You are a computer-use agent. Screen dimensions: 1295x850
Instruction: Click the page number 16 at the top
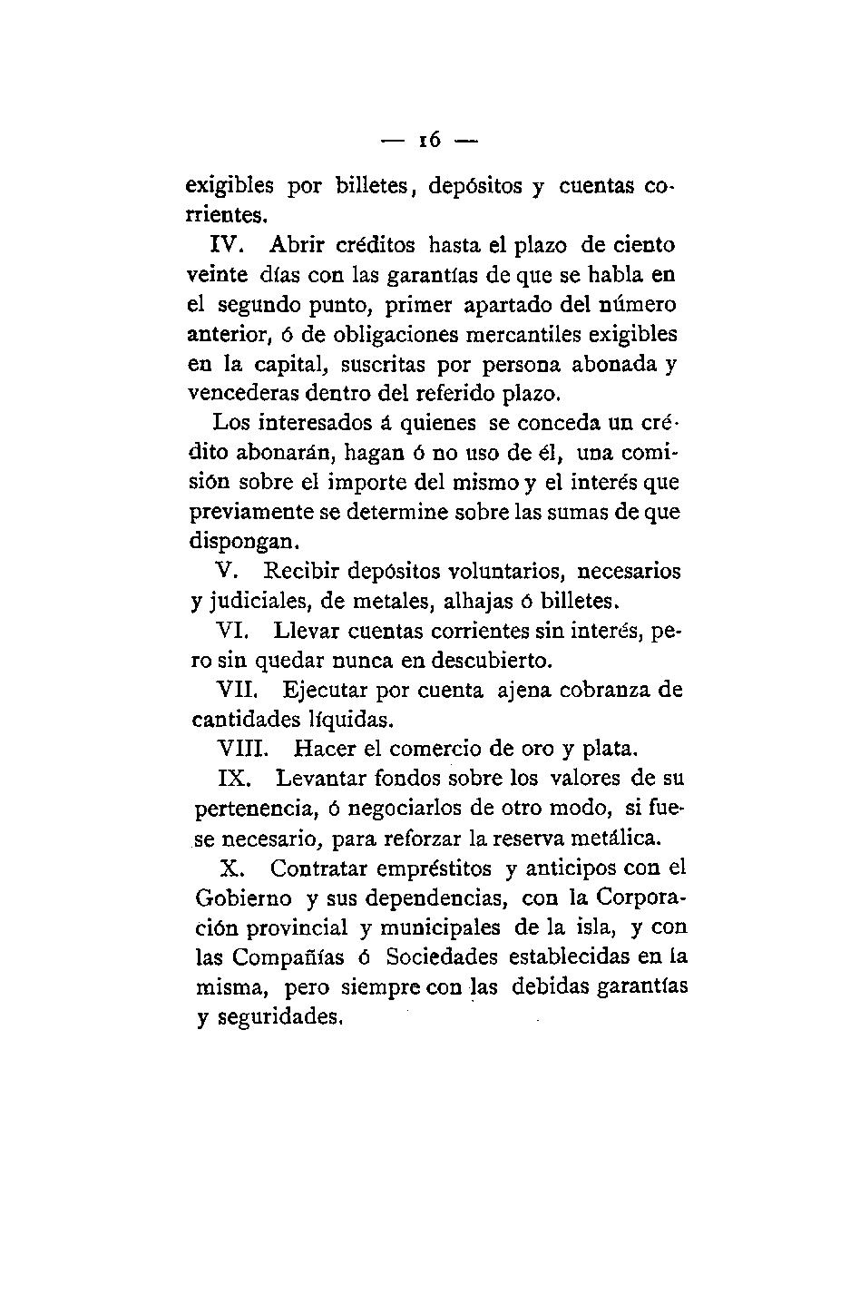429,141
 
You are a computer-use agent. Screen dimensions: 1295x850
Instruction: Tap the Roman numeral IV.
225,246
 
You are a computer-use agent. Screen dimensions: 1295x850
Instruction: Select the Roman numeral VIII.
242,750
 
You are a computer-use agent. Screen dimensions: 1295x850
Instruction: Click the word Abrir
298,246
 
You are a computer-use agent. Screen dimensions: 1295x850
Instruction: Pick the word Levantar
318,779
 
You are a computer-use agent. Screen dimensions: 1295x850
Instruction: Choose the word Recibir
302,572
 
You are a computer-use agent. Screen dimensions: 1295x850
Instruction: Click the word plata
611,750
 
